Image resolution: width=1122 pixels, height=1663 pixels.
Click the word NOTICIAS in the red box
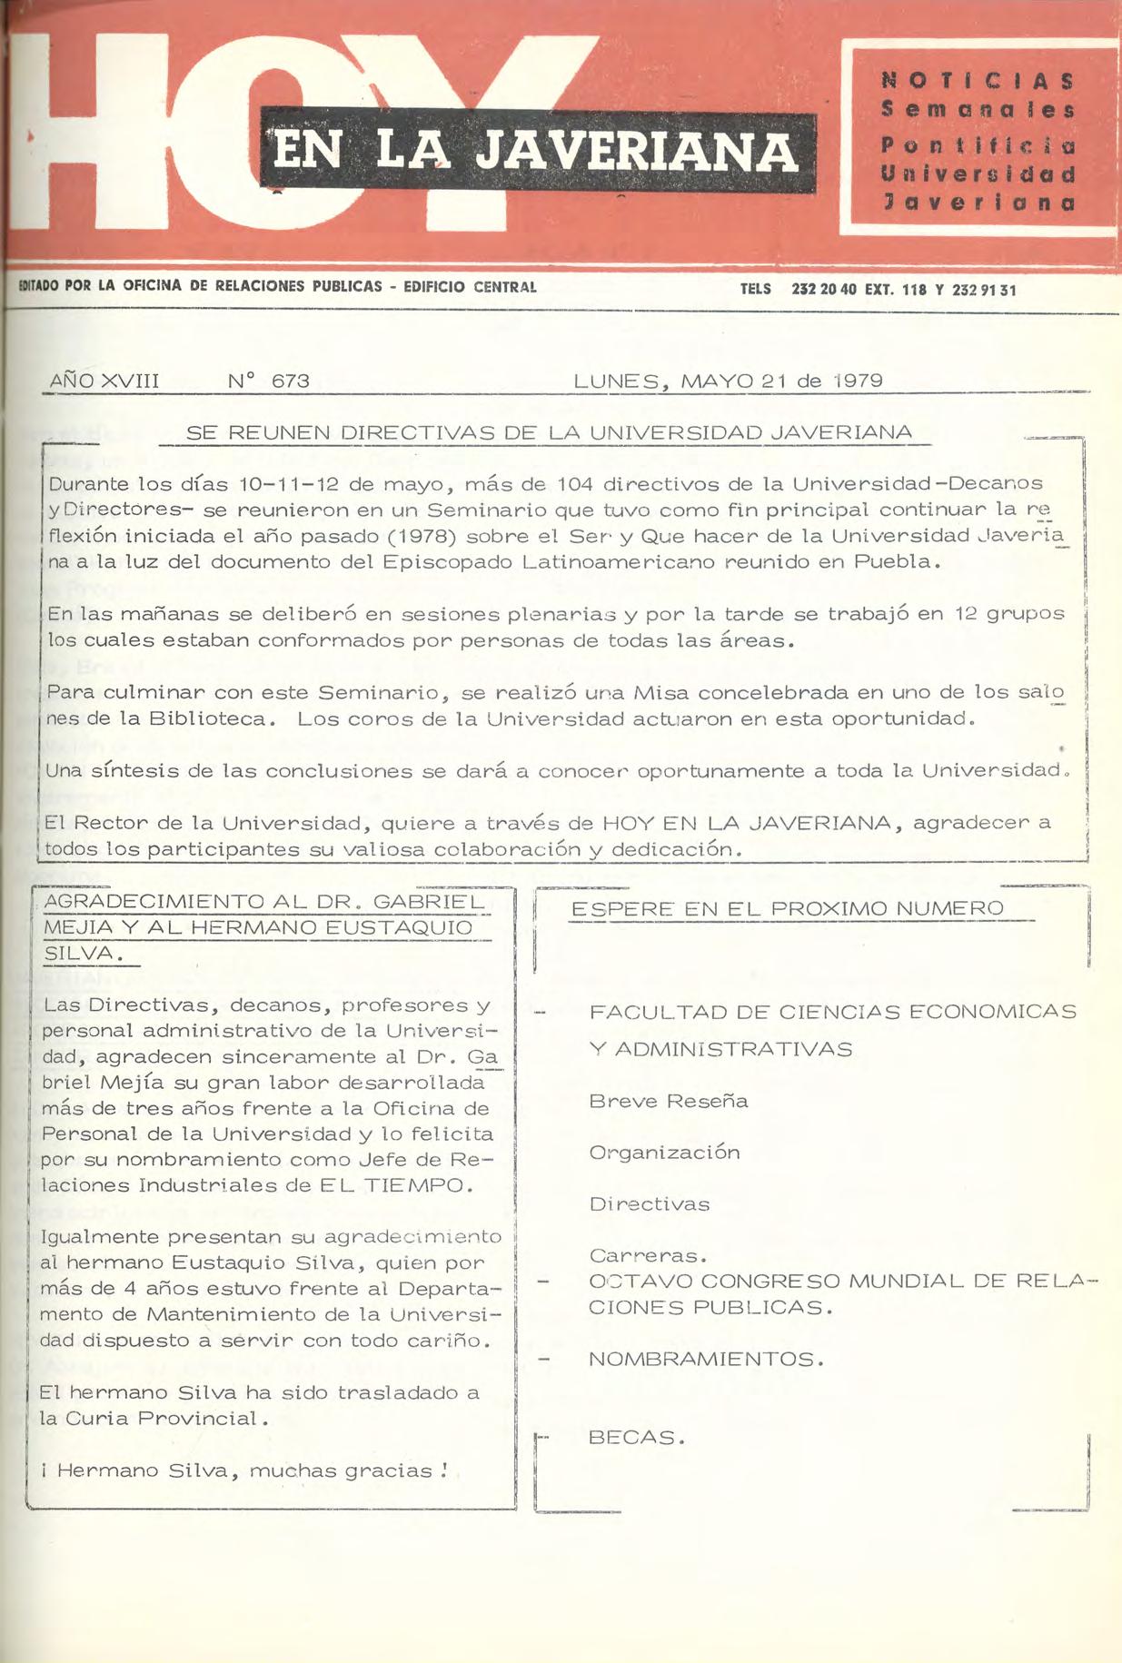(978, 81)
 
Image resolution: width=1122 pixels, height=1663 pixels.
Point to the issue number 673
(291, 381)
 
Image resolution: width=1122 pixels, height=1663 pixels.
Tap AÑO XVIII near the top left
(104, 381)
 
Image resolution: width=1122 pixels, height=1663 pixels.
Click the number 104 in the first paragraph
(575, 483)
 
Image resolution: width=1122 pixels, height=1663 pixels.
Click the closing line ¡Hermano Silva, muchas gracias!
(245, 1470)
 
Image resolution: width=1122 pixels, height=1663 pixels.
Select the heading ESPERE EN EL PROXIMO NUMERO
(788, 908)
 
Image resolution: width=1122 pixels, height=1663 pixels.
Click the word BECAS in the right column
(632, 1438)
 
